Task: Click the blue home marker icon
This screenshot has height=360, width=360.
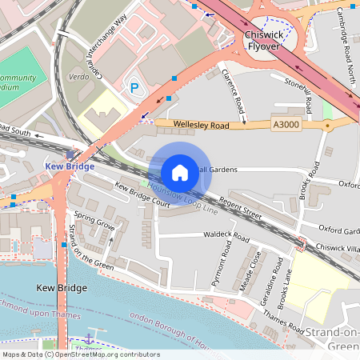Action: tap(180, 172)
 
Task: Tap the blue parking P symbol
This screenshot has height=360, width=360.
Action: tap(134, 86)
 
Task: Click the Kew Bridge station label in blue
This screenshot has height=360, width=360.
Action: tap(66, 166)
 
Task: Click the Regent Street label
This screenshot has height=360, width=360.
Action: tap(241, 209)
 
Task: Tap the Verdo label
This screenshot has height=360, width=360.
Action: tap(78, 78)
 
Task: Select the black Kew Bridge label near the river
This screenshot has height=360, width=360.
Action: tap(61, 287)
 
